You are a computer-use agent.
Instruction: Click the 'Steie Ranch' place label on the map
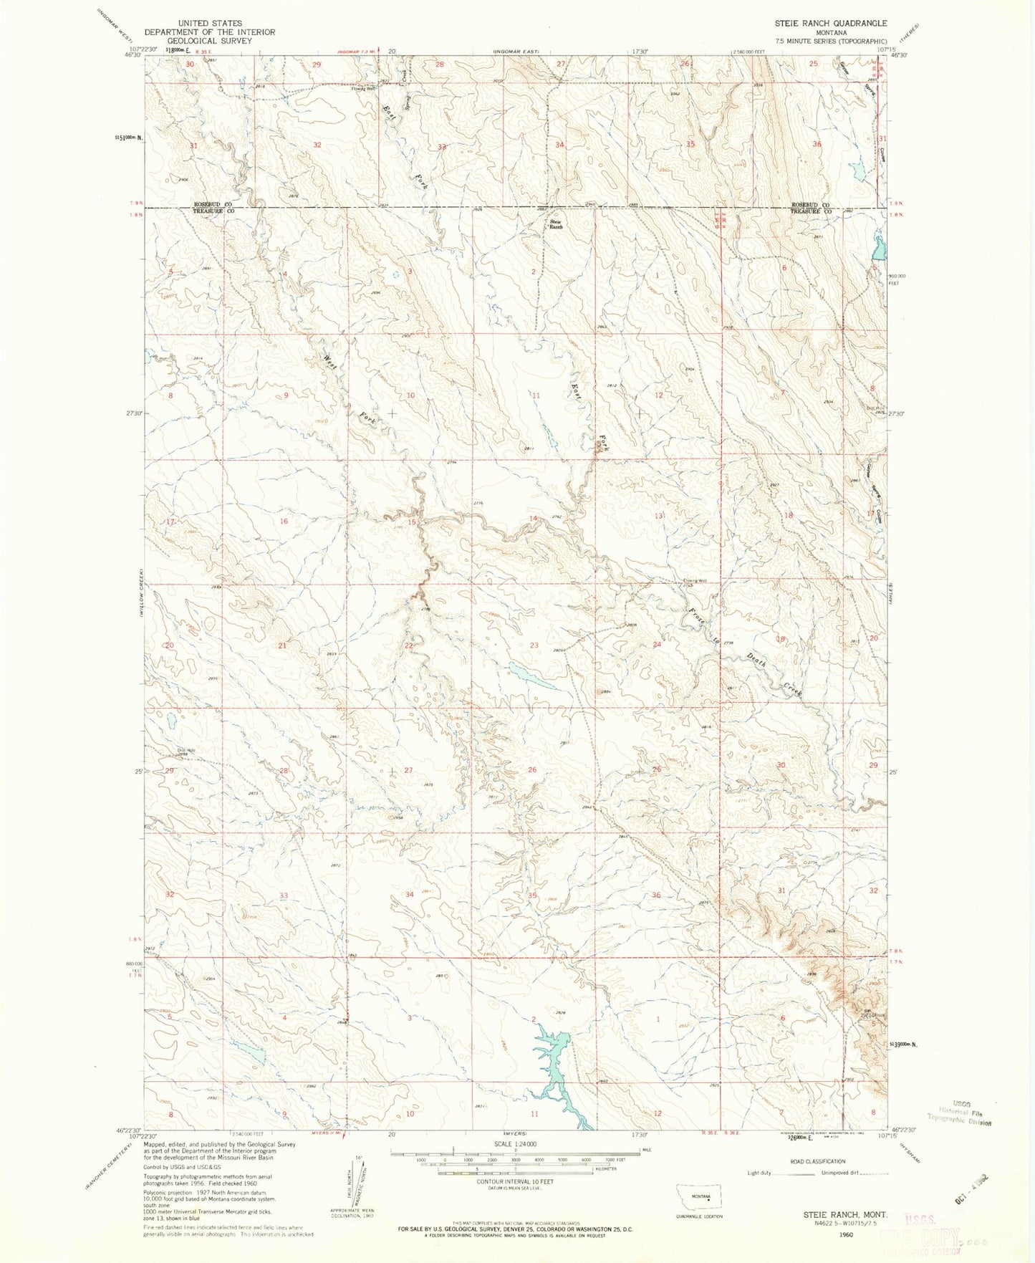tap(556, 224)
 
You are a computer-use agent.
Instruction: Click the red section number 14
tap(533, 518)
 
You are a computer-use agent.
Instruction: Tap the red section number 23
tap(534, 645)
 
